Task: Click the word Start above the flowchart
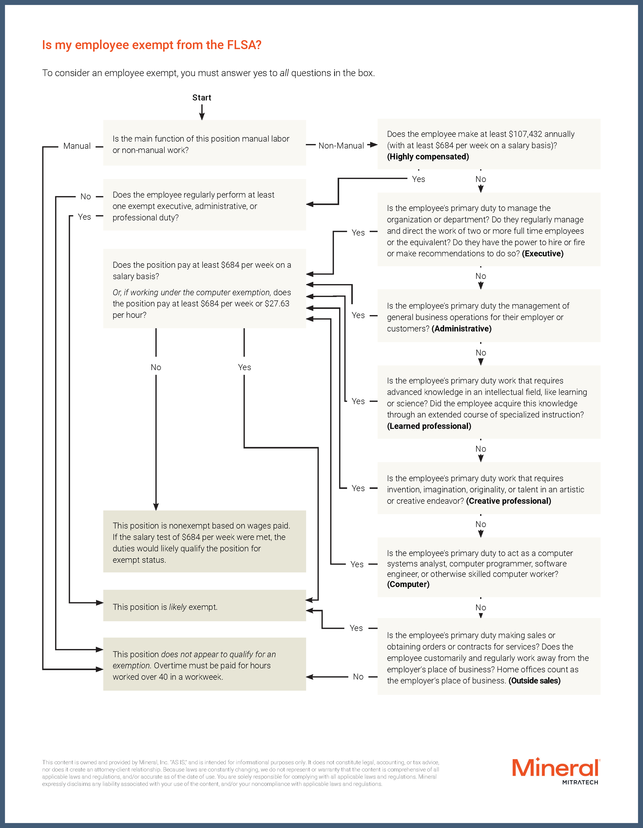(202, 98)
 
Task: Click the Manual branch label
(77, 146)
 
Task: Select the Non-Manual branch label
(341, 145)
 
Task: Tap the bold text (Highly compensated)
(428, 157)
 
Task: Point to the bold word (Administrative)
(461, 328)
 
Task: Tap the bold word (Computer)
(408, 584)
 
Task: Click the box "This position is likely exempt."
(204, 607)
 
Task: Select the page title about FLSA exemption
(151, 45)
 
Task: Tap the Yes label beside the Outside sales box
(356, 628)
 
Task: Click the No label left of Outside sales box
(358, 677)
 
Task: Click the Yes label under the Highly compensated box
(418, 179)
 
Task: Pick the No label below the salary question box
(156, 367)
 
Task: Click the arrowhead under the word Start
(202, 117)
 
